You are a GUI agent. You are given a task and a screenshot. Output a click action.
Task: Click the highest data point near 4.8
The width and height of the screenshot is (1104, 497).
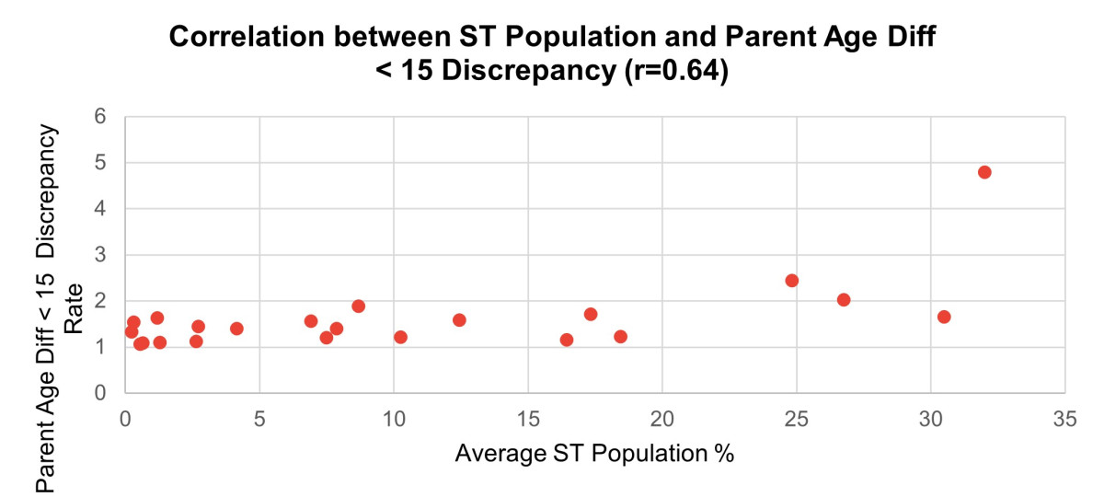[x=984, y=172]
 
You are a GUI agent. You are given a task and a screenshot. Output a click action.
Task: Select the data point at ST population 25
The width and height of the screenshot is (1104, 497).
[x=791, y=281]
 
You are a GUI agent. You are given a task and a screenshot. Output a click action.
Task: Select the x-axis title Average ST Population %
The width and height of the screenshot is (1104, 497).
[x=594, y=454]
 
